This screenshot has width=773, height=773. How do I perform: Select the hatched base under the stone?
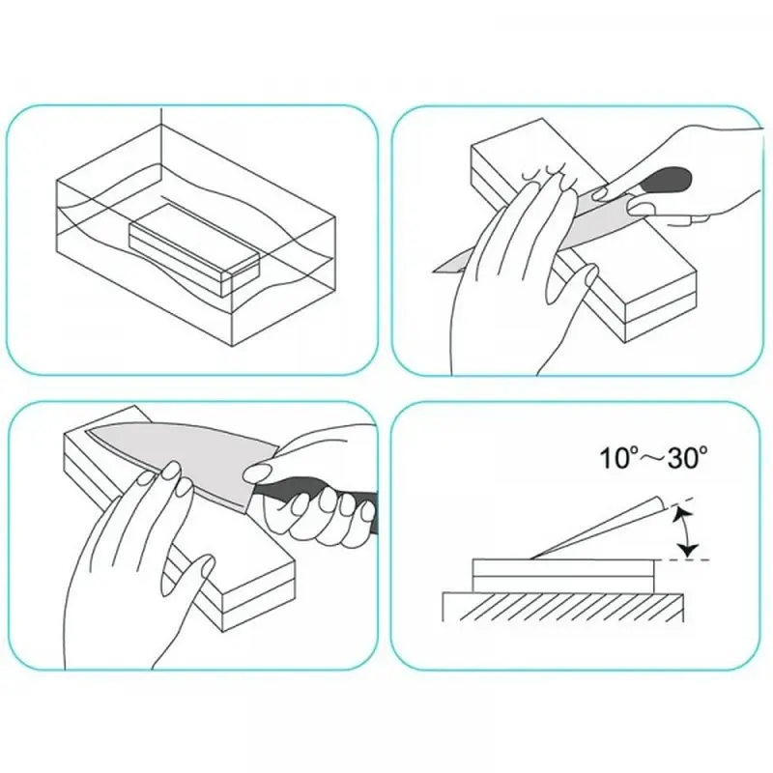pyautogui.click(x=563, y=607)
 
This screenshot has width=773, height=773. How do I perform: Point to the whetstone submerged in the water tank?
pyautogui.click(x=194, y=250)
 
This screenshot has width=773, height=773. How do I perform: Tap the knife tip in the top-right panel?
pyautogui.click(x=434, y=271)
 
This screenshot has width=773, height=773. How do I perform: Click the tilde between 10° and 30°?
pyautogui.click(x=649, y=459)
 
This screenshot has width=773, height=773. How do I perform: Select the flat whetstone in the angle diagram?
pyautogui.click(x=563, y=575)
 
